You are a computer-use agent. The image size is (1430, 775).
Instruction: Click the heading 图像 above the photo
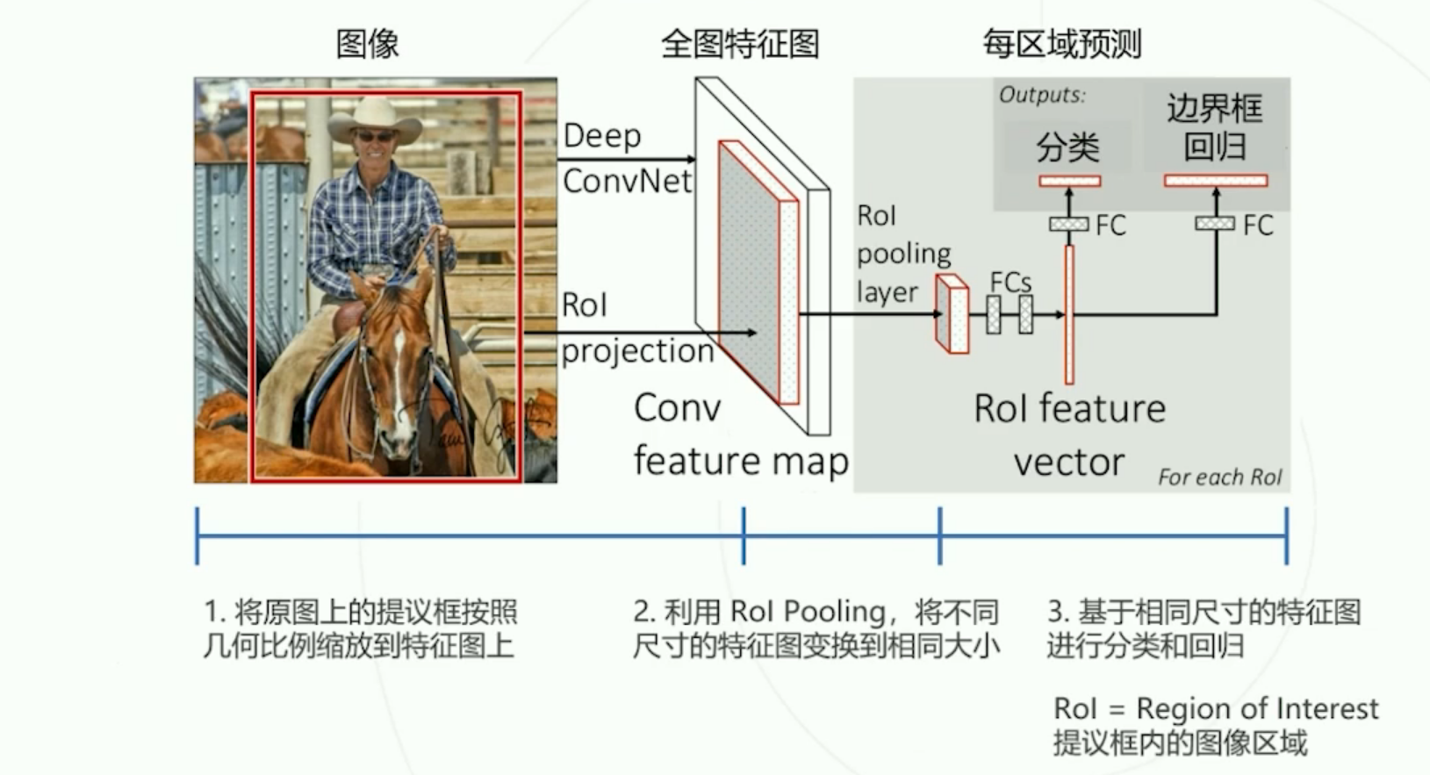click(367, 43)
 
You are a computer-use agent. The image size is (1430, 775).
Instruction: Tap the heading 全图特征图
click(739, 43)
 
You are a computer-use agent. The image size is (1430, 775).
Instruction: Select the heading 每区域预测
click(1061, 43)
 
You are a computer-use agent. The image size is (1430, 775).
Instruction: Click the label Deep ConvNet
click(626, 158)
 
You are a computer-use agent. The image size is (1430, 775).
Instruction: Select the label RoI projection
click(636, 328)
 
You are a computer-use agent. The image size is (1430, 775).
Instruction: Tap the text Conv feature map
click(739, 434)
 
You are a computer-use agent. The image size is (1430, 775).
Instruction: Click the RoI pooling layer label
click(902, 254)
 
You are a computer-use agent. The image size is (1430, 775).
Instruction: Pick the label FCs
click(1010, 283)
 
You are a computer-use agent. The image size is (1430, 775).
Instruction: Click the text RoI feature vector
click(1069, 434)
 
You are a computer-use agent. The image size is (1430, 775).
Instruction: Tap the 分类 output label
click(1067, 147)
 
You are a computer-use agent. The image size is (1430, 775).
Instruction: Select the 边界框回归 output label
click(1214, 127)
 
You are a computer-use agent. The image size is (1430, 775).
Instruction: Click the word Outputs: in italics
click(1042, 95)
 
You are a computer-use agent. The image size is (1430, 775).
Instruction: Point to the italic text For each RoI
click(1219, 477)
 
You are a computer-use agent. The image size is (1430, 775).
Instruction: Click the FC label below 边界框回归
click(1257, 226)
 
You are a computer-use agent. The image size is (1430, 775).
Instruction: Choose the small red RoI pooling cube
click(952, 313)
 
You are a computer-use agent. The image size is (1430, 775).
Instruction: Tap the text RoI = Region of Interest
click(1215, 708)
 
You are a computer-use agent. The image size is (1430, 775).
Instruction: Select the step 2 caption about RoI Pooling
click(816, 628)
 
